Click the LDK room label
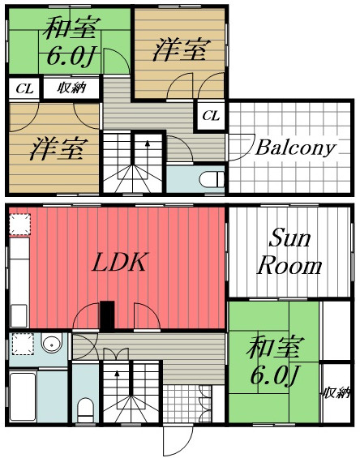pos(118,263)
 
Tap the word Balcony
pos(295,148)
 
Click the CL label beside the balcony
pos(211,116)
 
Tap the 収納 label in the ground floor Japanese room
pos(338,393)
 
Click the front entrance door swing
pos(177,441)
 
